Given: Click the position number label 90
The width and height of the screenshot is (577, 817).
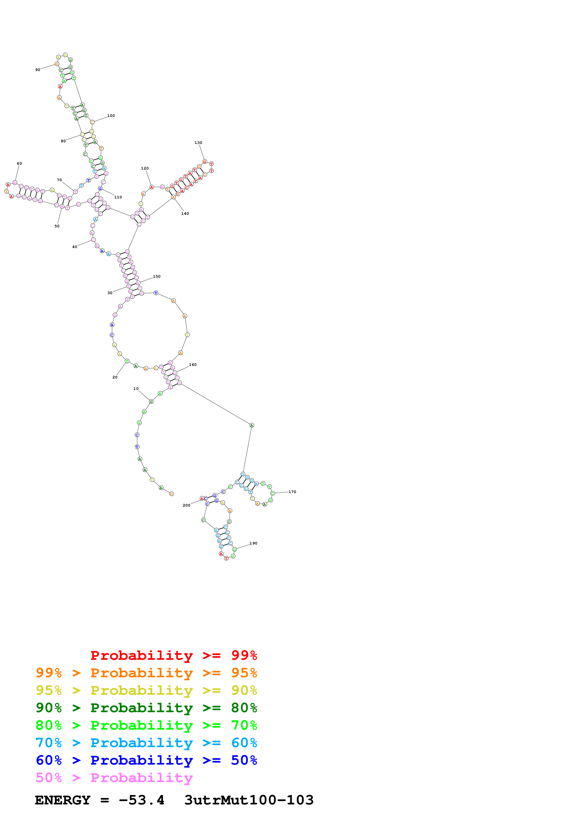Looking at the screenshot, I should (38, 70).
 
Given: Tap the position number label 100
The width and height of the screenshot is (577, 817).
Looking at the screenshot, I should (111, 116).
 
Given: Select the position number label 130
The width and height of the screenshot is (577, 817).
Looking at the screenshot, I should (198, 143).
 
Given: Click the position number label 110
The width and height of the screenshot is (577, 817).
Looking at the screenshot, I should (118, 197).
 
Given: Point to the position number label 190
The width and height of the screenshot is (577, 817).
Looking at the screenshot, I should (253, 543).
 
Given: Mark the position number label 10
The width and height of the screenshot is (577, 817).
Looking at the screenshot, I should (136, 388).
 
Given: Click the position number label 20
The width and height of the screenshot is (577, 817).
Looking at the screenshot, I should (115, 377).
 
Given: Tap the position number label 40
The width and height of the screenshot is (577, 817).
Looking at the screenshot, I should (75, 247).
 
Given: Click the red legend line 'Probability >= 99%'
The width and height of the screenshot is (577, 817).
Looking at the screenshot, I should (173, 655).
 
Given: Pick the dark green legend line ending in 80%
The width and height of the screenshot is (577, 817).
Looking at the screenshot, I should (146, 708).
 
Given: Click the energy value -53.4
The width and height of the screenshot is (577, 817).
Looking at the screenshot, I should (142, 800).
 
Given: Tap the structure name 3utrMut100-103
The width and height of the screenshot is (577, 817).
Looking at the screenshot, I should (249, 800).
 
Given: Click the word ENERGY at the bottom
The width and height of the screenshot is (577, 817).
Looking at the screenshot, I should (63, 800).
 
